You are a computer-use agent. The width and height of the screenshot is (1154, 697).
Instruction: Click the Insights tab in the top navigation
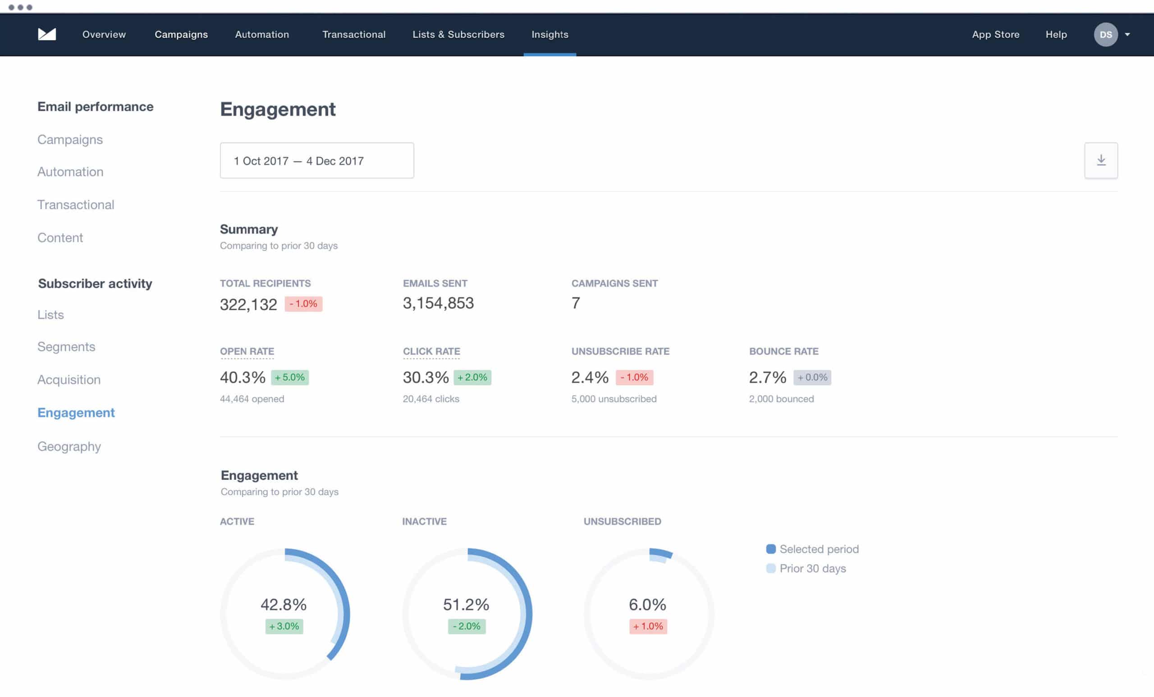pos(550,35)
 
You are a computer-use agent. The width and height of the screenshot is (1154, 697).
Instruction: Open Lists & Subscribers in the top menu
pos(458,35)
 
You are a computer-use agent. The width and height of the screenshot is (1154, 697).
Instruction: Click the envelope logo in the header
pos(47,34)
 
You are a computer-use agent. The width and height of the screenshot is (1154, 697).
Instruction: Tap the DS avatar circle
pos(1105,35)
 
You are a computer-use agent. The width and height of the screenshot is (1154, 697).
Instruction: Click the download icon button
pos(1101,160)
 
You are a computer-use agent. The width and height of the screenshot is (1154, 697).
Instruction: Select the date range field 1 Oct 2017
pos(316,160)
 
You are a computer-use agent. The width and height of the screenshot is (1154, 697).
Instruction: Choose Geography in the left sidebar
pos(69,446)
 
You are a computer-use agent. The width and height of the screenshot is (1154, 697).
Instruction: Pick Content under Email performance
pos(60,238)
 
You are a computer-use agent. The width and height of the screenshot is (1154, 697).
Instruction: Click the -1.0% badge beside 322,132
pos(303,304)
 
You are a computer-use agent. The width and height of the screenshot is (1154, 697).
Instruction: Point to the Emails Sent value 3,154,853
pos(438,303)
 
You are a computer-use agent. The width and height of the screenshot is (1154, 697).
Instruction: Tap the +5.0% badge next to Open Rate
pos(290,377)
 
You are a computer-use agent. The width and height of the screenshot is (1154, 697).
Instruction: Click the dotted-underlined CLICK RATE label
pos(431,351)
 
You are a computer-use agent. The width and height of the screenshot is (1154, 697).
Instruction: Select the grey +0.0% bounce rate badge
pos(812,377)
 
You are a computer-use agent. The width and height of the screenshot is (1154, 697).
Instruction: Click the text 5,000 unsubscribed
pos(614,399)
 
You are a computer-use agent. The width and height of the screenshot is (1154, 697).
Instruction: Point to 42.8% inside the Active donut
pos(284,604)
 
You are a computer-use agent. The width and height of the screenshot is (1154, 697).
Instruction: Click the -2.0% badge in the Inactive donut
pos(467,626)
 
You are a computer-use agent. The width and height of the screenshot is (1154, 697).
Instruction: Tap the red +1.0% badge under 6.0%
pos(648,626)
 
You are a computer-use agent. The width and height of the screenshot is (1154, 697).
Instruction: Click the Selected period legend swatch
pos(771,549)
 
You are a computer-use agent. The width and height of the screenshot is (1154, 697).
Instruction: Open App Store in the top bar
pos(995,35)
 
